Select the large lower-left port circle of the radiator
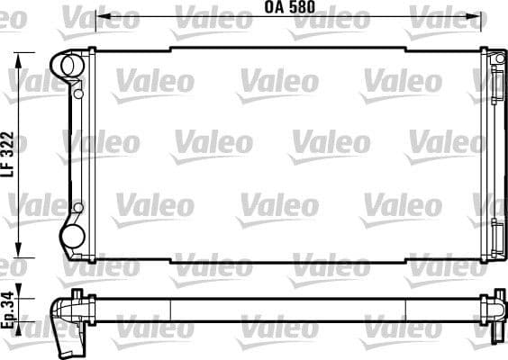pos(69,237)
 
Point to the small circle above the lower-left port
pos(78,207)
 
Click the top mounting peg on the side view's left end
pos(78,292)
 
